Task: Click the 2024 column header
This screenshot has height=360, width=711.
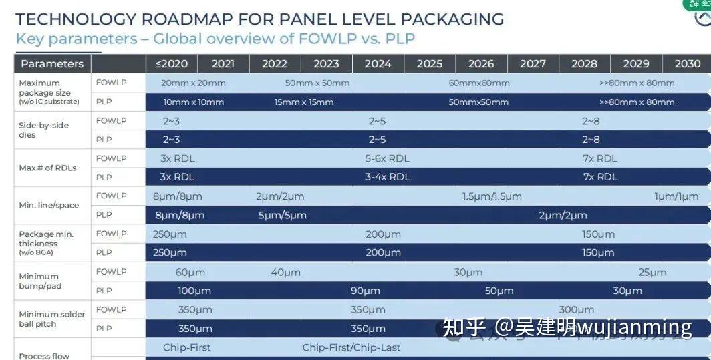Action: pos(378,64)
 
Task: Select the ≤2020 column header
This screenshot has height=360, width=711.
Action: pos(171,64)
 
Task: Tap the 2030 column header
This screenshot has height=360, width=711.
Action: pos(687,64)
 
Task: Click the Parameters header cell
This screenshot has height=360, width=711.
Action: pos(52,64)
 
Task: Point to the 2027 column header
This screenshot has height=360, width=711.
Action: pos(533,64)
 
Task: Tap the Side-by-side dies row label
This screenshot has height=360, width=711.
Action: pos(44,130)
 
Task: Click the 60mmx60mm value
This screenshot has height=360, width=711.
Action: pos(479,83)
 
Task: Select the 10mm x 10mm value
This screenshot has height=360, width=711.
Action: pos(194,102)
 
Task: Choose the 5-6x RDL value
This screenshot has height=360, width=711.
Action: pos(387,158)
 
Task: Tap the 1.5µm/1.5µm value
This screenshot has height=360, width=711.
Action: pos(492,196)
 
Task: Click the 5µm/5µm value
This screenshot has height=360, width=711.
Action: pos(282,215)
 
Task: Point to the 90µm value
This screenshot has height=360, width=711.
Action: pos(366,291)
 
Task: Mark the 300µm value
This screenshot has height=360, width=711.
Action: pos(576,309)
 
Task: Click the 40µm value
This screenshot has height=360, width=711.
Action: pos(285,272)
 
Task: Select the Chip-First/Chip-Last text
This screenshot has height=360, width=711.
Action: pos(351,347)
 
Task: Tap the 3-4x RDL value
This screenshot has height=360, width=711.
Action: pos(388,177)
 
